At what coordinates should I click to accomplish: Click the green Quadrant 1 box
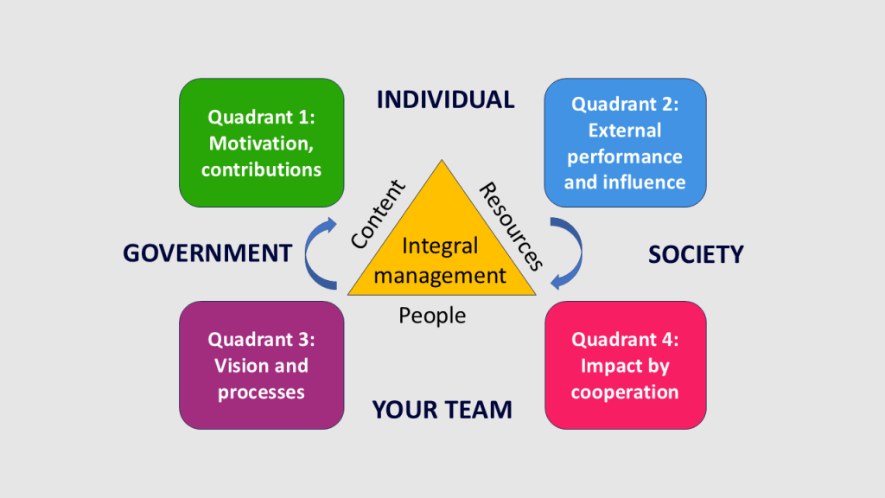[261, 143]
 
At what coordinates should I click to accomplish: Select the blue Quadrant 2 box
[625, 143]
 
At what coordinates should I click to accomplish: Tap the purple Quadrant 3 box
[261, 365]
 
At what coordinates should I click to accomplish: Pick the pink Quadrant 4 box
[625, 365]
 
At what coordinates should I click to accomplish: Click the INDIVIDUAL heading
[445, 99]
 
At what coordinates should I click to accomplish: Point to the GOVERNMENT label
[207, 253]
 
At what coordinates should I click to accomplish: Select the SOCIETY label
[696, 254]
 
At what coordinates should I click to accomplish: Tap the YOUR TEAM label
[442, 409]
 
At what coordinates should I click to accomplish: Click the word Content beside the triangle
[379, 214]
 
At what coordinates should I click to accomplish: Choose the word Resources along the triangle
[511, 226]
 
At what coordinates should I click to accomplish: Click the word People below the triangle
[432, 316]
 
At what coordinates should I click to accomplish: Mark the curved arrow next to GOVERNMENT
[319, 252]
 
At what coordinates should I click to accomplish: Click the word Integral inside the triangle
[440, 246]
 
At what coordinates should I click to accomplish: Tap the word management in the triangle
[440, 276]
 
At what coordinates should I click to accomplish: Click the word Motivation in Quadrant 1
[258, 143]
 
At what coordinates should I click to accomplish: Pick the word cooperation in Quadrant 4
[625, 392]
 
